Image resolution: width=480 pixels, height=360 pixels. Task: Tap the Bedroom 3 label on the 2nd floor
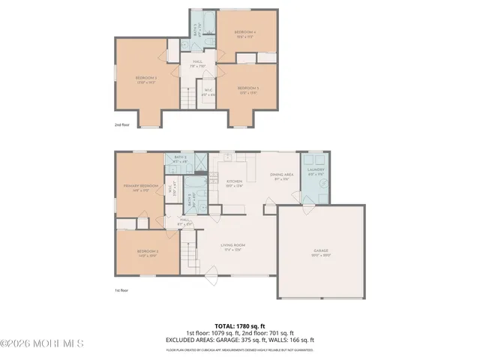(145, 79)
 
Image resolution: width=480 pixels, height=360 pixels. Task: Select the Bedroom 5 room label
(249, 90)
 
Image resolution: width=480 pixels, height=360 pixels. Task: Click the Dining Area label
(282, 176)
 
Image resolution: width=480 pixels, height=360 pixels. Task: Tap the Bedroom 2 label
(148, 253)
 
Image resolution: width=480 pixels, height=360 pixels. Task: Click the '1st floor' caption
(121, 290)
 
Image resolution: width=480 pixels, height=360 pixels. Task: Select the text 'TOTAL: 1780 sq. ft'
(240, 325)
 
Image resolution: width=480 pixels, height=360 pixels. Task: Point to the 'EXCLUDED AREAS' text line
(240, 339)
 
